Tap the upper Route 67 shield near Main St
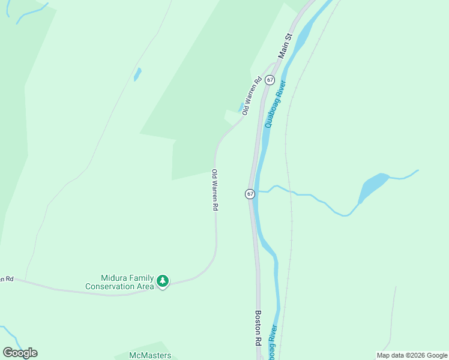(x=270, y=80)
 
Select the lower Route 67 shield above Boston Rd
(x=250, y=194)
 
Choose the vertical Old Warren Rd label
(x=214, y=190)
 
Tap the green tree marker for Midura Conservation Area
(x=162, y=281)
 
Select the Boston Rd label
(x=258, y=328)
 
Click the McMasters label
(x=150, y=355)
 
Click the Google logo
(x=20, y=353)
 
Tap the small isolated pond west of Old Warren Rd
(x=137, y=74)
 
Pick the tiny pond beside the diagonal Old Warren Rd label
(x=241, y=107)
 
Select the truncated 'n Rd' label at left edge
(x=6, y=279)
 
